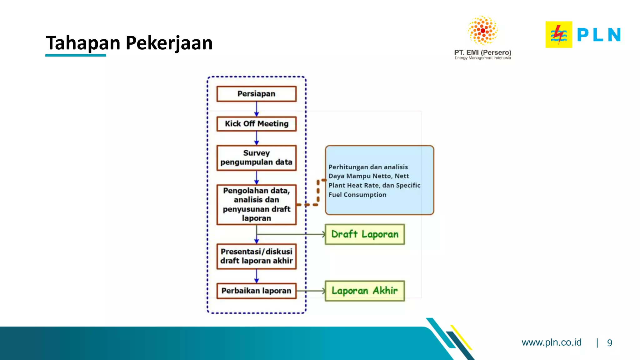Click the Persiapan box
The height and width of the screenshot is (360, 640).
[x=256, y=94]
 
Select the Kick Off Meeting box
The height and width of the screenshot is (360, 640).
[x=256, y=124]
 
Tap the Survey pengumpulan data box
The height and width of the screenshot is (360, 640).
[x=256, y=157]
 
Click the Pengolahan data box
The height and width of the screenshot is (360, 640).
[x=256, y=204]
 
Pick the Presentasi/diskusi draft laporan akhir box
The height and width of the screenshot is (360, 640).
[x=256, y=256]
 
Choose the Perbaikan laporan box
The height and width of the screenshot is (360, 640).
[x=256, y=291]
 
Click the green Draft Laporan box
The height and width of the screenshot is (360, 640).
[x=365, y=234]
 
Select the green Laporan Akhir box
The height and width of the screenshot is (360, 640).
[x=365, y=291]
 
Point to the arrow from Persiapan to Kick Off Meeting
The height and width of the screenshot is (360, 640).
[x=257, y=109]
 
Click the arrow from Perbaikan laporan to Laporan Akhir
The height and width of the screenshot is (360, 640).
[x=311, y=291]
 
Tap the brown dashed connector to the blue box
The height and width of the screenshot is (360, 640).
[x=317, y=192]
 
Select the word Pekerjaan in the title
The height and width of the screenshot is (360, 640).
[x=169, y=43]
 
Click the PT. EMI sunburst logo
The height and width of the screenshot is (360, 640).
[x=482, y=31]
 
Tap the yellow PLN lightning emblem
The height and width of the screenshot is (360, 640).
[x=559, y=34]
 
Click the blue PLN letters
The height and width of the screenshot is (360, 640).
[x=598, y=34]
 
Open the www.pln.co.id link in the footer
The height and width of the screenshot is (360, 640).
[x=551, y=342]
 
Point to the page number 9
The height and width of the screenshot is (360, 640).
[x=609, y=343]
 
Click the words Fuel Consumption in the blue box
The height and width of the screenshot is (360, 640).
[x=357, y=195]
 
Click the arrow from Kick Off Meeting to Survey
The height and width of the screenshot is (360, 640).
[x=257, y=138]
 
